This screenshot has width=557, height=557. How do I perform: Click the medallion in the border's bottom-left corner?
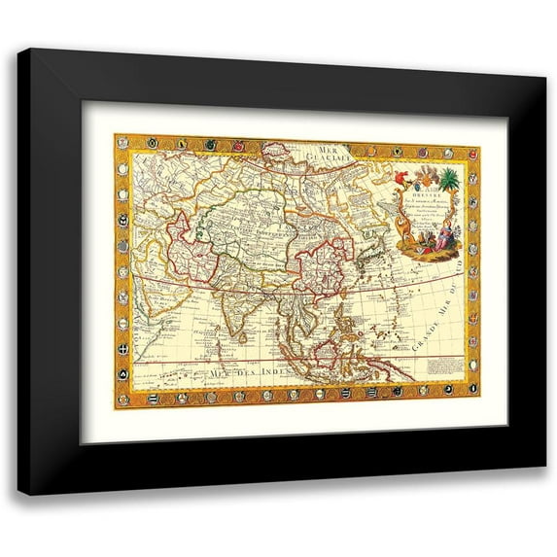122,398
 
